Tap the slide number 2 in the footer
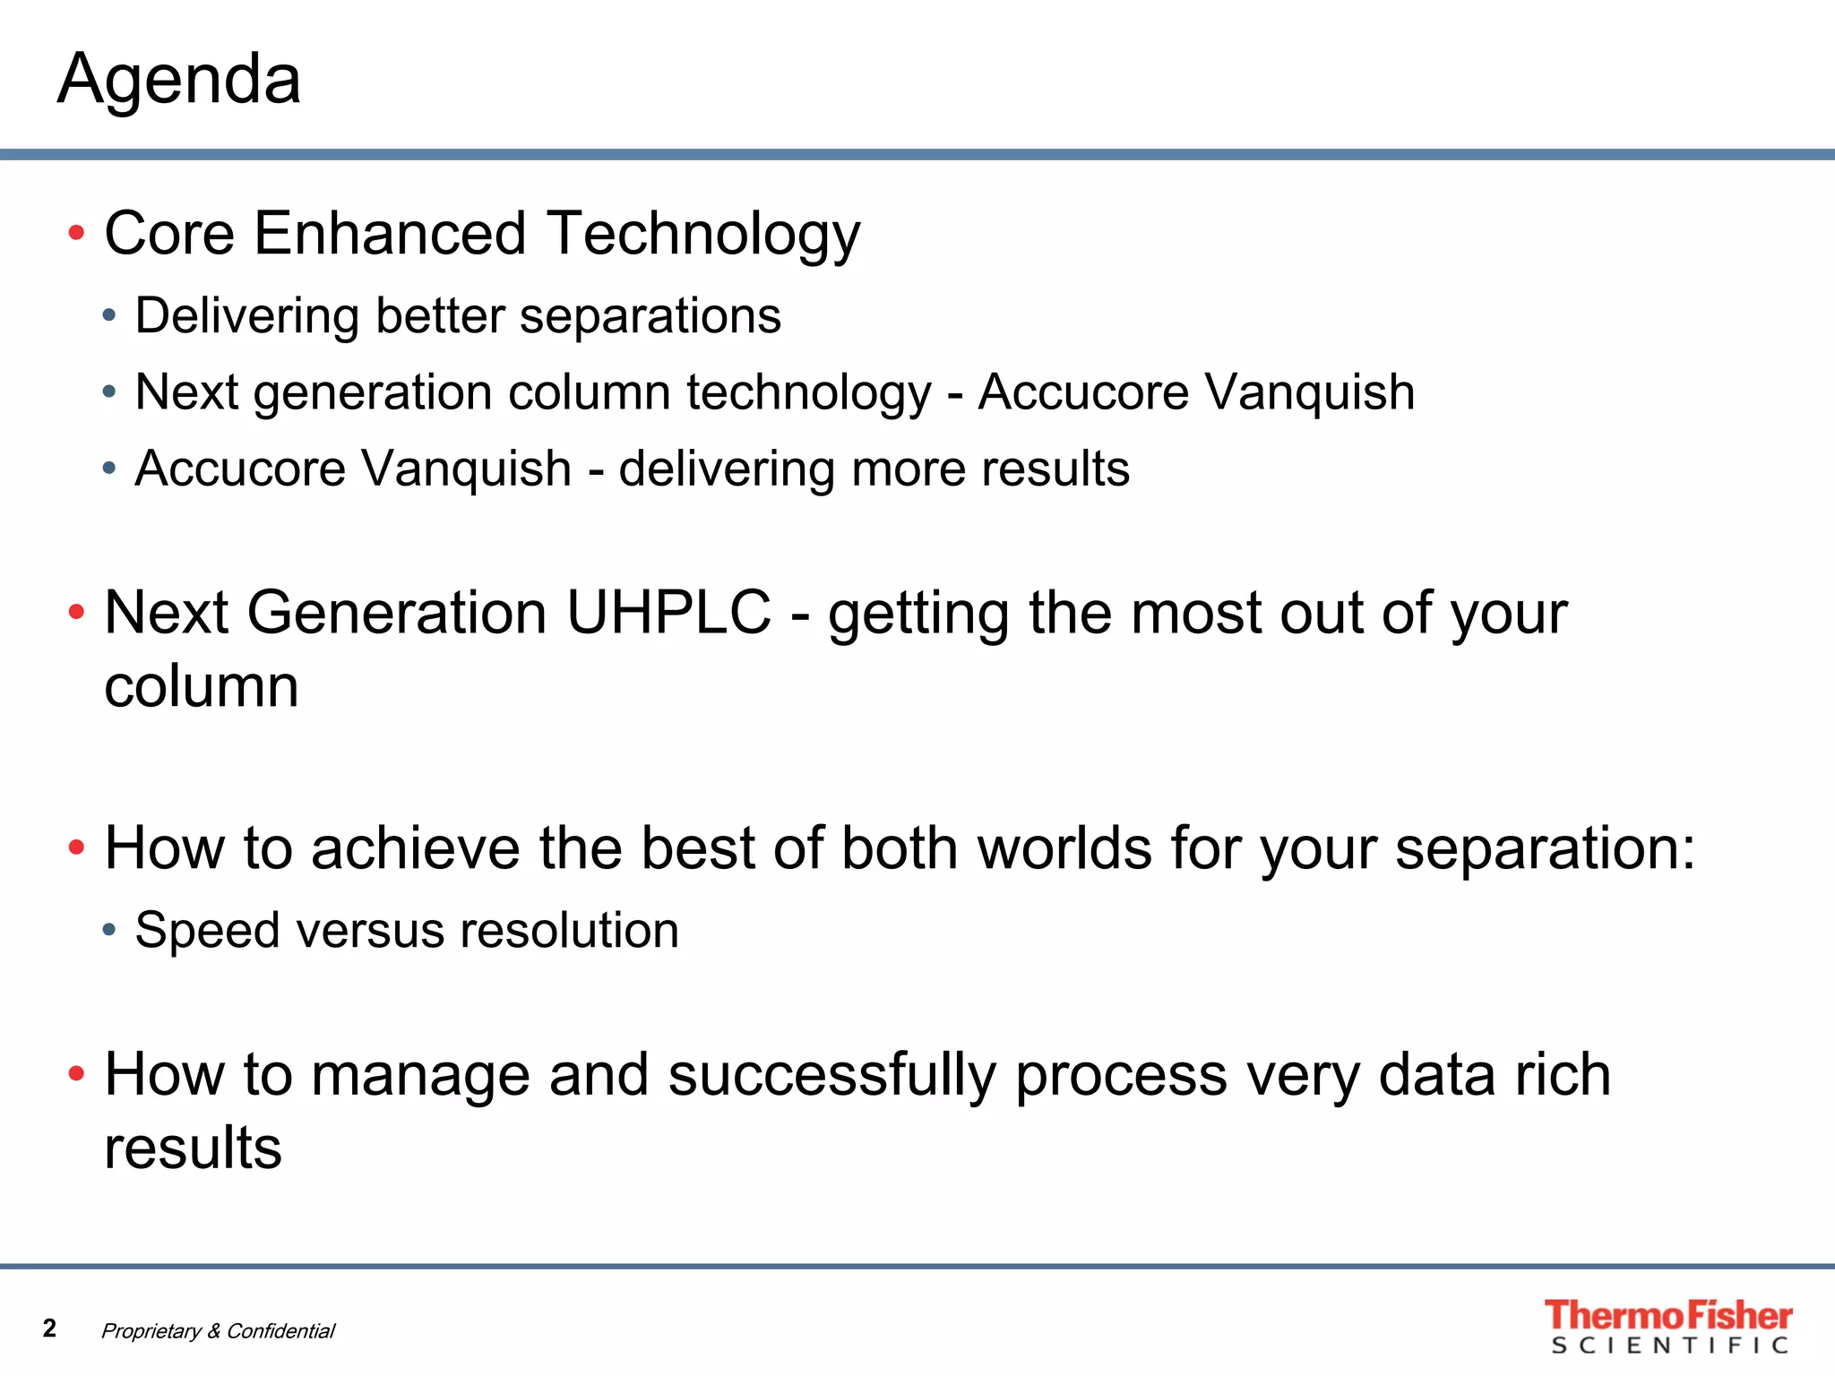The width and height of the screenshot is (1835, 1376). (50, 1328)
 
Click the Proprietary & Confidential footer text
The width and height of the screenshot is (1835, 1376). (218, 1331)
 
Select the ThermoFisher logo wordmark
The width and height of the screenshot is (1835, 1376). (1667, 1315)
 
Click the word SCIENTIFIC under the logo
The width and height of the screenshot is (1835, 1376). (1669, 1346)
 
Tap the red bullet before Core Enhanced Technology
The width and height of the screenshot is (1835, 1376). (77, 234)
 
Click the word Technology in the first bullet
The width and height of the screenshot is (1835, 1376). (703, 235)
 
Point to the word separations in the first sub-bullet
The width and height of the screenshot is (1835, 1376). (650, 317)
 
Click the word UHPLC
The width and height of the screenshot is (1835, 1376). (668, 614)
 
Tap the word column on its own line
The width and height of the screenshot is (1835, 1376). (202, 688)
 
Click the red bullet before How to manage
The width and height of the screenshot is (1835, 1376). (77, 1073)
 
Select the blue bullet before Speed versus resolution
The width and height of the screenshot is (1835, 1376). (109, 930)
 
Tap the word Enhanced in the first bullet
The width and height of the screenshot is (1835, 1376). (390, 235)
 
